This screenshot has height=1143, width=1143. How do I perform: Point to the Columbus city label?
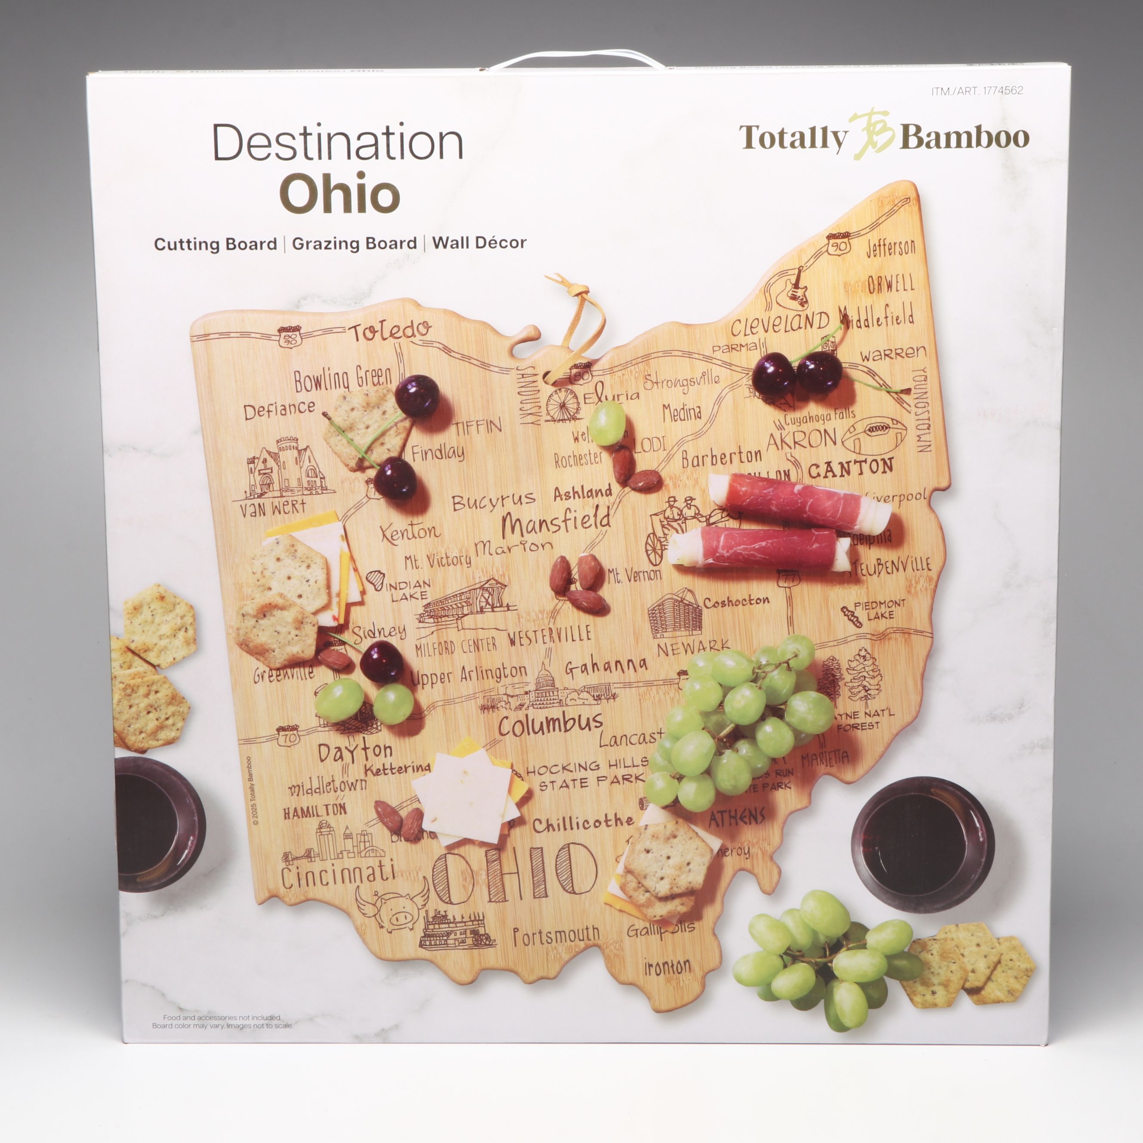[550, 724]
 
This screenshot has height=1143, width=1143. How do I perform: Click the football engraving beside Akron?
[874, 436]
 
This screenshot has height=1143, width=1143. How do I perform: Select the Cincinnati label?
[338, 874]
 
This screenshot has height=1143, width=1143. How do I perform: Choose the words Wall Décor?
[479, 243]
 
